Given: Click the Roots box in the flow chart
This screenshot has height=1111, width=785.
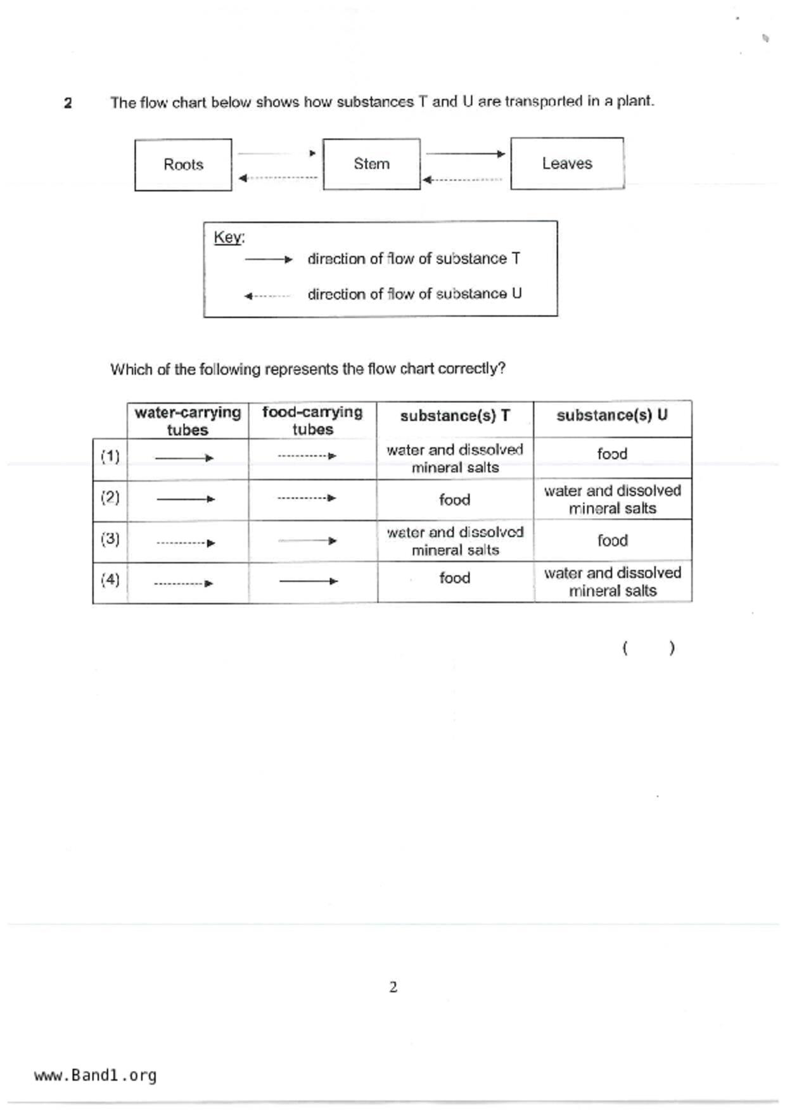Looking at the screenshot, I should click(x=183, y=165).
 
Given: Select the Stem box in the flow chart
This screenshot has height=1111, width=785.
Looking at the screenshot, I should click(x=371, y=164).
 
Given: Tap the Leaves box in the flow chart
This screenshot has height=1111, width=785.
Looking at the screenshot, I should click(x=567, y=163).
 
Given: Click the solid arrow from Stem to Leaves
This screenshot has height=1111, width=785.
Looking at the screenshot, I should click(x=466, y=153).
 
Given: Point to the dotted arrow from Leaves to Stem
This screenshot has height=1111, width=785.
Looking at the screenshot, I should click(x=463, y=180).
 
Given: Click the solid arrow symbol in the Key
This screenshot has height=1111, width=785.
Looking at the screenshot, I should click(x=269, y=259).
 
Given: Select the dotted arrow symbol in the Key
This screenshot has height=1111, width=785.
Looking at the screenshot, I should click(x=267, y=296).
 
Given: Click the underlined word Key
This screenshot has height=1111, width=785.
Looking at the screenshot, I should click(x=228, y=238).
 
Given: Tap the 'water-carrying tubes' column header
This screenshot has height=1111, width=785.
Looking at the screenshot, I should click(x=188, y=421).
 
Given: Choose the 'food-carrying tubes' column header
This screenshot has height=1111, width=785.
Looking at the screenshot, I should click(x=312, y=421).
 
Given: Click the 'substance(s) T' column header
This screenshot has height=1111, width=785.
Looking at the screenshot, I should click(x=455, y=416).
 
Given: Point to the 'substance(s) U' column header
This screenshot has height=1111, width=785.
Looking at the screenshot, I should click(x=612, y=416).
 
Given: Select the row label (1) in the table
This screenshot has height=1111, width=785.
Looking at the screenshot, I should click(x=110, y=457).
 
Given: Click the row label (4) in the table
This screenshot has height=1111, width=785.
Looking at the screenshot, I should click(x=110, y=580).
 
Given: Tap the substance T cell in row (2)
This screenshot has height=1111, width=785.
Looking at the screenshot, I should click(x=455, y=500).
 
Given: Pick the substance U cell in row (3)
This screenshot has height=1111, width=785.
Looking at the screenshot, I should click(x=612, y=540).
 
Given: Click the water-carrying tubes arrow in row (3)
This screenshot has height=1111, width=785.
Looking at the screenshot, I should click(x=186, y=543).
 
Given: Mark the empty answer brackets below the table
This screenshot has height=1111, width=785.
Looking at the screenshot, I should click(x=649, y=648).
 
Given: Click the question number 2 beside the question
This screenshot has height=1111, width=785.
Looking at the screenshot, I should click(x=68, y=103).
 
